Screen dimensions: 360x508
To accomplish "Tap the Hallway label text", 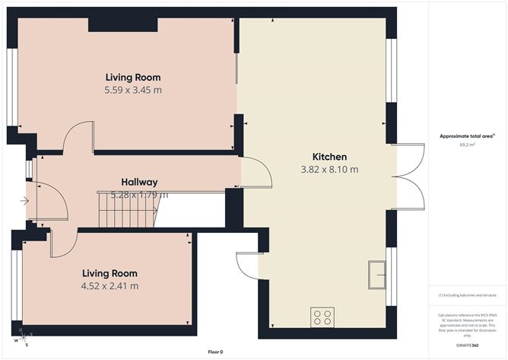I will click(139, 182).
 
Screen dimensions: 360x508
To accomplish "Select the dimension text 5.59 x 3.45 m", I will click(133, 90).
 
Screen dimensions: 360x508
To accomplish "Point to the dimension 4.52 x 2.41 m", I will click(110, 286).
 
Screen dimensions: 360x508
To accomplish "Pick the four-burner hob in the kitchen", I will click(322, 317).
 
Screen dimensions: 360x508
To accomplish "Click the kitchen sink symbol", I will click(377, 275).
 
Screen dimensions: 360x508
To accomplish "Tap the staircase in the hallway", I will click(127, 209).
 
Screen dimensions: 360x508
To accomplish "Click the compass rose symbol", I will click(24, 336).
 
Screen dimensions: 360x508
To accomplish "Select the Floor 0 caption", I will click(215, 352).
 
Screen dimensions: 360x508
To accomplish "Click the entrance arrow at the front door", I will click(25, 201).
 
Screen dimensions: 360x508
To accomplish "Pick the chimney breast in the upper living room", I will click(123, 24).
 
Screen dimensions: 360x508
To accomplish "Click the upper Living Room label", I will click(133, 77).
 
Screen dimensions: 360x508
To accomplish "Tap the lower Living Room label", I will click(110, 273).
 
